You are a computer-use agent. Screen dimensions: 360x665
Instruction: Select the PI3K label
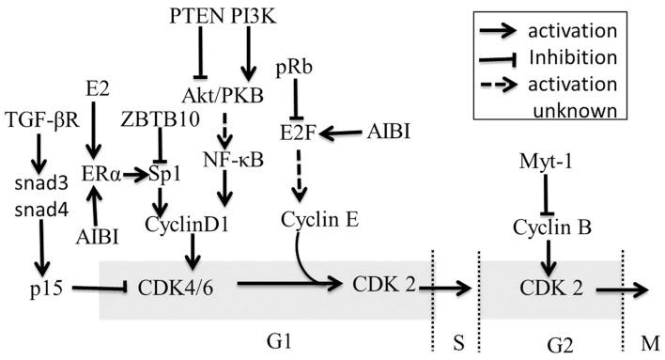[250, 16]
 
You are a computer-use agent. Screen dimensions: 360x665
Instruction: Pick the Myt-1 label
[545, 163]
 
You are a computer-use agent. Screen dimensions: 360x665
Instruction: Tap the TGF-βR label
[41, 118]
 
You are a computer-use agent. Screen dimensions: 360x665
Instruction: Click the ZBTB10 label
[160, 118]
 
